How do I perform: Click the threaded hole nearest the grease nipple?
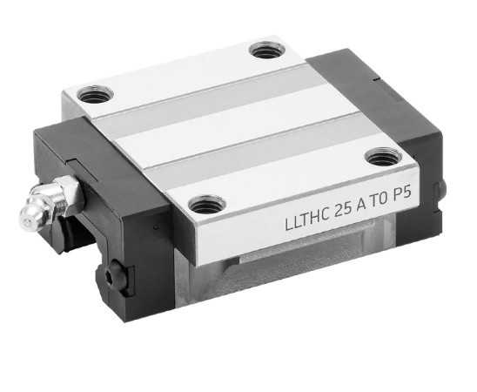95,94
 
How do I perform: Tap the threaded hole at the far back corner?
267,51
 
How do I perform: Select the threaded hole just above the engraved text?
383,157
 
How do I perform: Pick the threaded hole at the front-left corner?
207,205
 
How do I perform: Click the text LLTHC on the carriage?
307,217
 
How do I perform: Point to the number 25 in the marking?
343,209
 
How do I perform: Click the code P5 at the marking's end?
402,194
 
